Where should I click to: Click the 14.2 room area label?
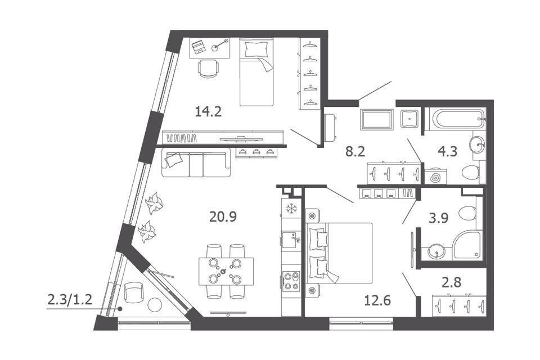click(x=208, y=111)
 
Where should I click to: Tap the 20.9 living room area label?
click(x=223, y=217)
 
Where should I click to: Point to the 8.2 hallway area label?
click(x=355, y=151)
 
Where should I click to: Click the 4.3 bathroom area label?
click(x=447, y=151)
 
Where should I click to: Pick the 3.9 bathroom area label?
click(x=438, y=218)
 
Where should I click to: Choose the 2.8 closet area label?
click(x=451, y=282)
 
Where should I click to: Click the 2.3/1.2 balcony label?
click(x=70, y=300)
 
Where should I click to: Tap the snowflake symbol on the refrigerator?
click(x=291, y=209)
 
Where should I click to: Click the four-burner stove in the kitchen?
click(x=291, y=280)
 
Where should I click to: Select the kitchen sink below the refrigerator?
click(x=291, y=238)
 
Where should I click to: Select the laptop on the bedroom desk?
click(x=198, y=47)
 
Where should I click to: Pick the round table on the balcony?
click(x=155, y=305)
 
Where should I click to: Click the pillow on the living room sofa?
click(x=174, y=159)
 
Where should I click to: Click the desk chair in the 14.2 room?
click(x=208, y=69)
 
